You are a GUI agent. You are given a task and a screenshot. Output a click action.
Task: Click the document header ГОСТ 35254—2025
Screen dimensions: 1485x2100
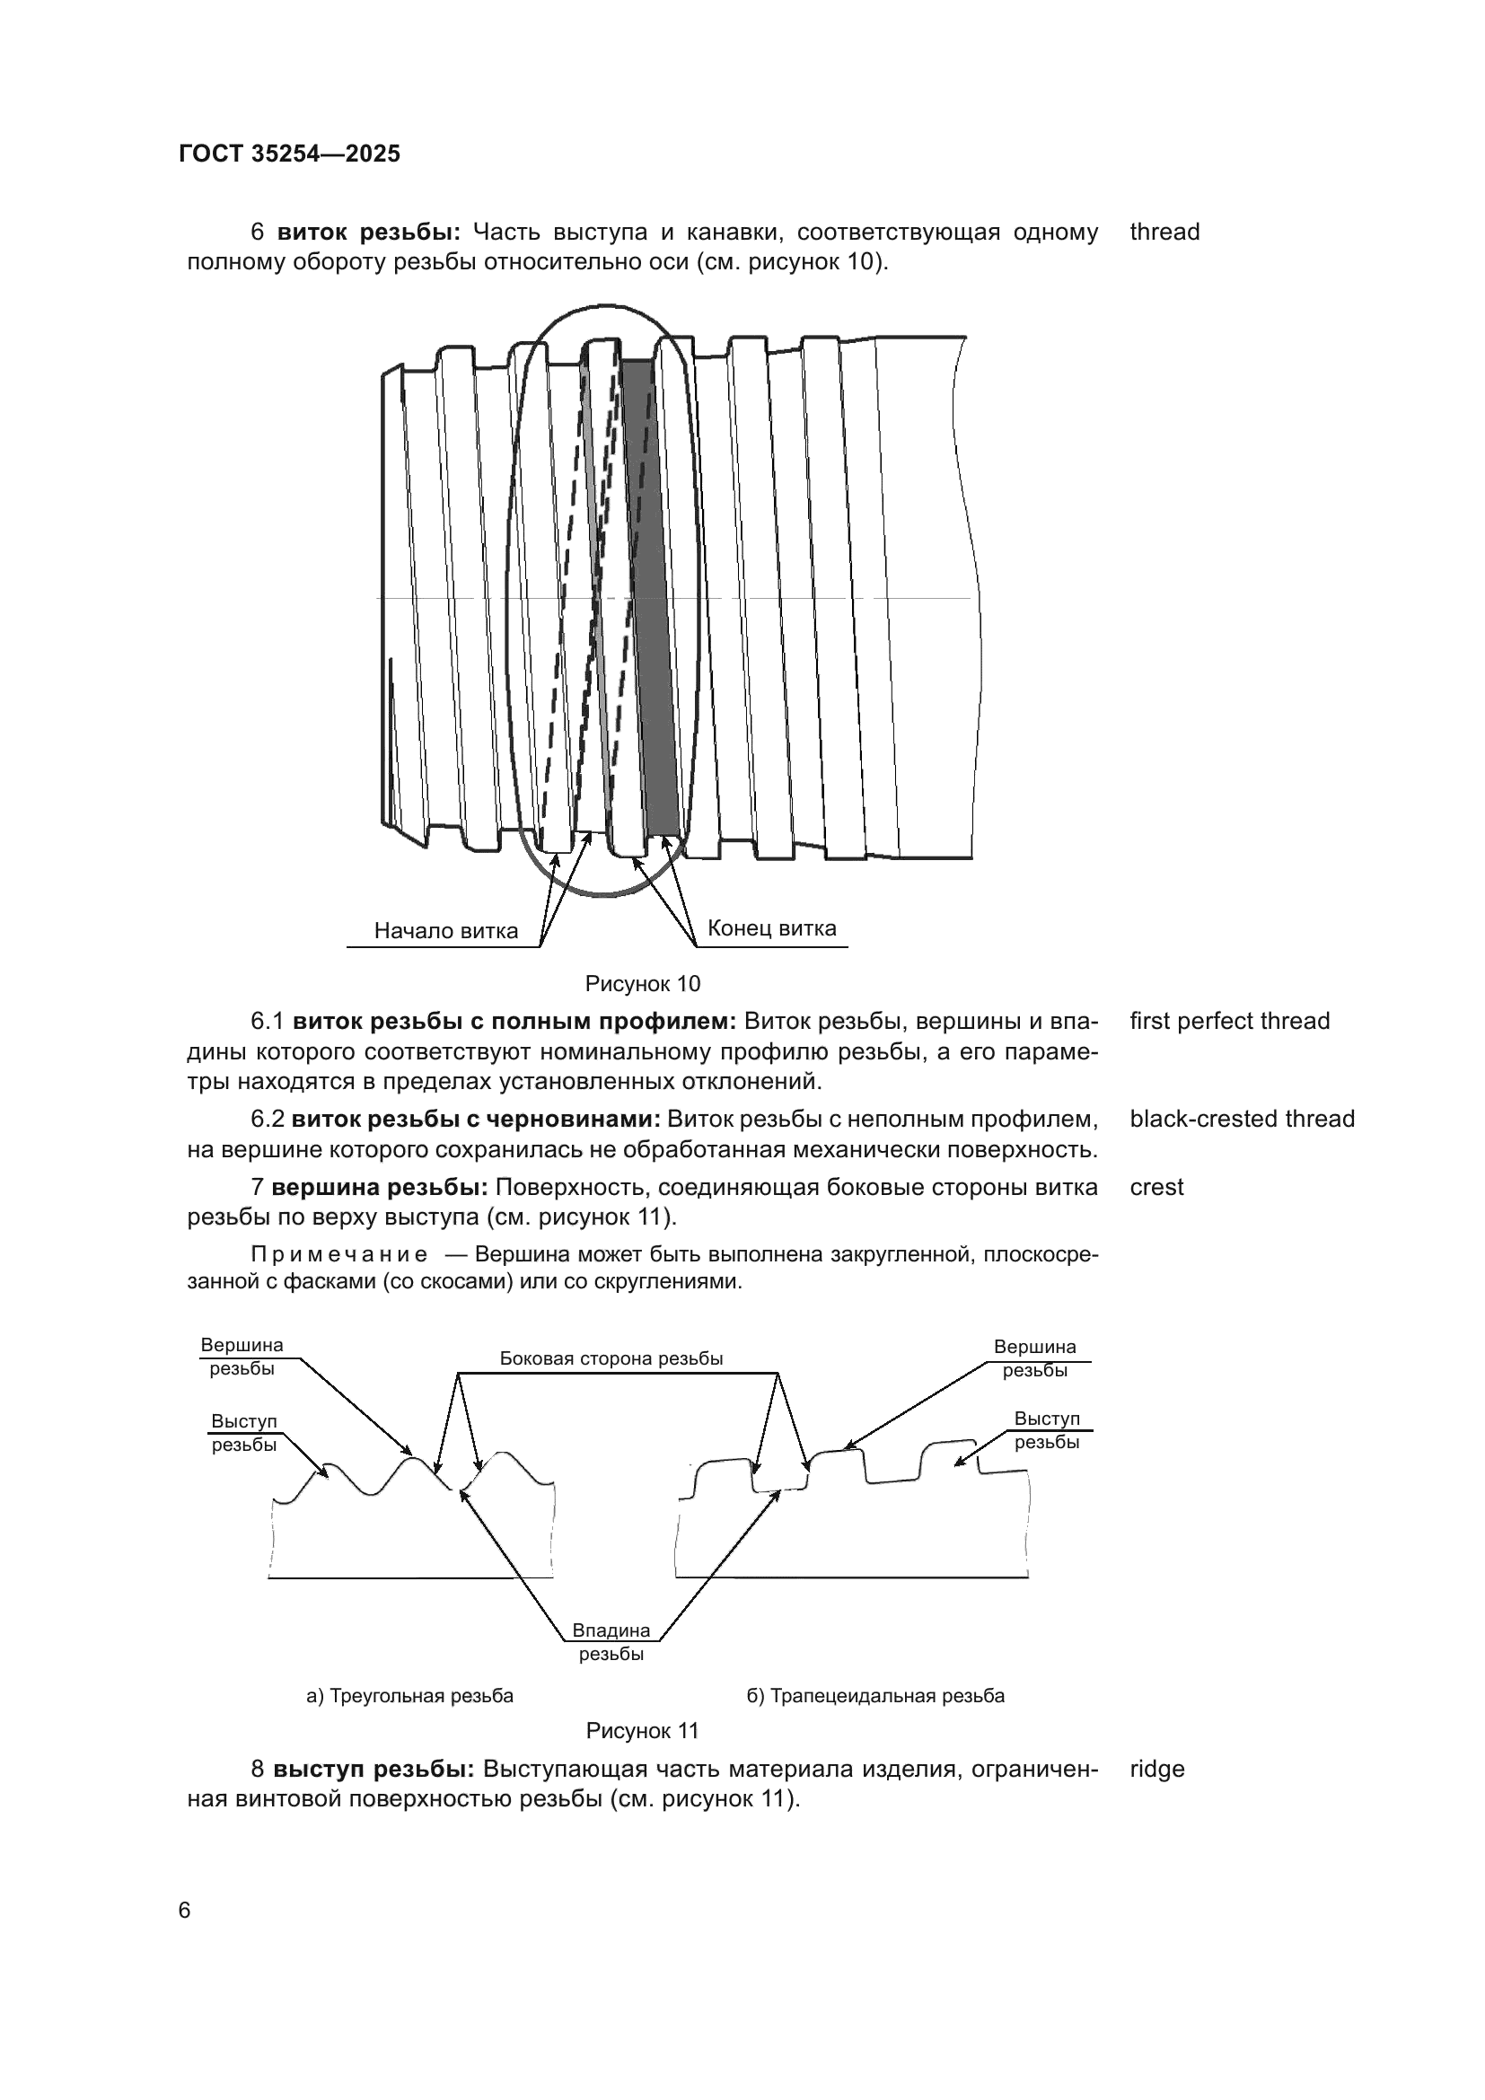tap(290, 154)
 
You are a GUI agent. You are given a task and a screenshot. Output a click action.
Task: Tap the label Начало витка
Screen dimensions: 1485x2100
tap(446, 931)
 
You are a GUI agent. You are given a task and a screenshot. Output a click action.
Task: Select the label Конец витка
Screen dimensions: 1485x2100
tap(772, 928)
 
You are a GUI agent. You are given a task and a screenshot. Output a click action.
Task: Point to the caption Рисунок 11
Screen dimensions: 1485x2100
tap(642, 1730)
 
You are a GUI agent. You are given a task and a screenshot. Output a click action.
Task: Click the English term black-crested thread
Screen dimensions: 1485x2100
tap(1242, 1119)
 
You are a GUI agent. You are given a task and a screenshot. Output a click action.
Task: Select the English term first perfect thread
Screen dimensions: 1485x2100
tap(1230, 1021)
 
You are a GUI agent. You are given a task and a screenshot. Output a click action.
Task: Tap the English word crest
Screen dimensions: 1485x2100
tap(1156, 1187)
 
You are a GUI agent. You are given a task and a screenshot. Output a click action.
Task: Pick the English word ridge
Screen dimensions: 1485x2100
tap(1156, 1769)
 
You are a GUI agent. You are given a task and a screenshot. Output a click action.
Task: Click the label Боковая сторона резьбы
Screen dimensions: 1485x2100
tap(611, 1358)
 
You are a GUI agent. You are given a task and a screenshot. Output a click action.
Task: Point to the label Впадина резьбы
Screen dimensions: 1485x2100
tap(611, 1642)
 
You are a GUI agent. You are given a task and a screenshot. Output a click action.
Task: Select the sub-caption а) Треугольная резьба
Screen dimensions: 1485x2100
tap(409, 1696)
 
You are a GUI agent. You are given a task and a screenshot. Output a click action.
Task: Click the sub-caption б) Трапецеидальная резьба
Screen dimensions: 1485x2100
tap(876, 1696)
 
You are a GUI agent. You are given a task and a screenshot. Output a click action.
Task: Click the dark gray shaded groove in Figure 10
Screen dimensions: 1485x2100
tap(650, 594)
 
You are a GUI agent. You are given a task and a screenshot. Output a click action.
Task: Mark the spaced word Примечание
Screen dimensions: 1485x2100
tap(338, 1254)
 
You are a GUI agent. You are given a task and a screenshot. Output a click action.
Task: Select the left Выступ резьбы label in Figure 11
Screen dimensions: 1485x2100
tap(244, 1433)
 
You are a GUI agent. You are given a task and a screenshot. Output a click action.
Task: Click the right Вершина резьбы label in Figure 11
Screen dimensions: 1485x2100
tap(1035, 1358)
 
